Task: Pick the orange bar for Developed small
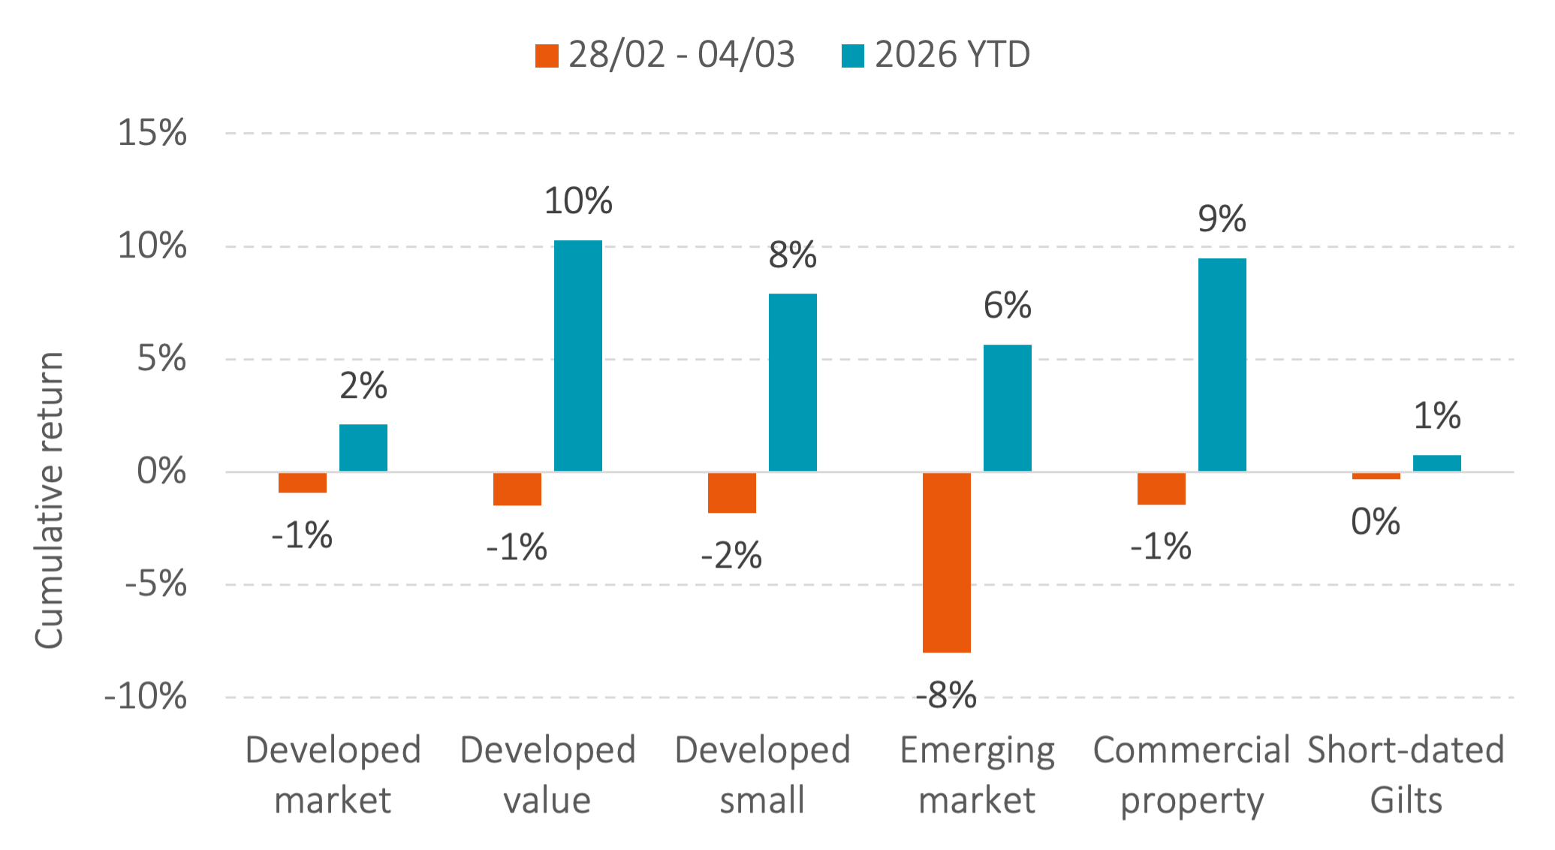[x=731, y=493]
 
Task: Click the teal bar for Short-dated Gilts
[x=1436, y=463]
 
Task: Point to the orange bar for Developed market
[x=302, y=483]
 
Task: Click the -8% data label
[x=946, y=695]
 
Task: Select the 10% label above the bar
[x=577, y=201]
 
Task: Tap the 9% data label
[x=1222, y=219]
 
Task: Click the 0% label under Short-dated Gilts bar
[x=1375, y=522]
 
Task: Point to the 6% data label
[x=1007, y=306]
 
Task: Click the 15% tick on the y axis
[x=152, y=134]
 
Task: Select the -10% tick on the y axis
[x=145, y=697]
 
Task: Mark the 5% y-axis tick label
[x=161, y=359]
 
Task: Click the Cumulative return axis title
[x=50, y=499]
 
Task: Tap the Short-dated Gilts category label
[x=1406, y=774]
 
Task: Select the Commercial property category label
[x=1192, y=774]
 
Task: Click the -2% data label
[x=731, y=556]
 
